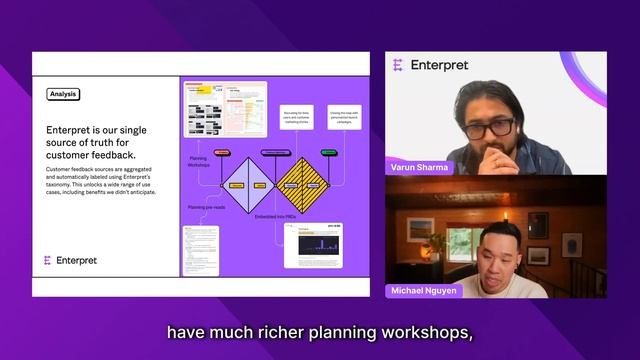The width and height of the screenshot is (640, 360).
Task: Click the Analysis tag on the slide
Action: click(62, 94)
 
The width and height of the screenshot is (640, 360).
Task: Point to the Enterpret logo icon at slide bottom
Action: click(47, 260)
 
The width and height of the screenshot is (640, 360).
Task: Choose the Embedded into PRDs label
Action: click(277, 216)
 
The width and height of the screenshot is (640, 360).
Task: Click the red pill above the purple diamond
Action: click(223, 153)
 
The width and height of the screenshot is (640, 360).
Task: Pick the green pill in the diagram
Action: click(329, 153)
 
